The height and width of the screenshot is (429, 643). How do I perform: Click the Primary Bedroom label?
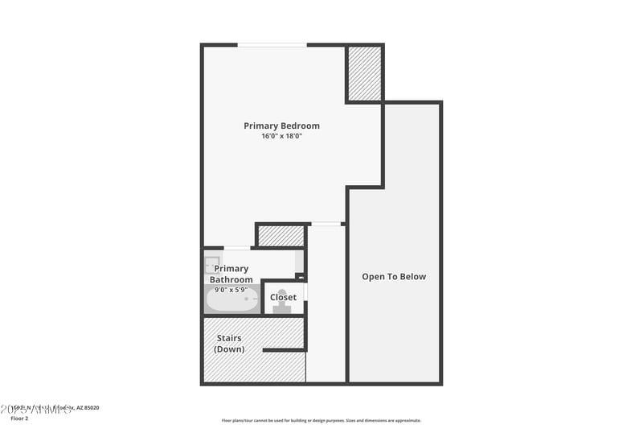[x=281, y=126]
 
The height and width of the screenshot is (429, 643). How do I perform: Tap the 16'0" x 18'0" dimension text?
[x=281, y=136]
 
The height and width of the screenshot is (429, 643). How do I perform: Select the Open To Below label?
[x=394, y=277]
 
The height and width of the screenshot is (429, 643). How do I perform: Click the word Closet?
[x=283, y=297]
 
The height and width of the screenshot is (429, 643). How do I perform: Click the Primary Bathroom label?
[x=231, y=274]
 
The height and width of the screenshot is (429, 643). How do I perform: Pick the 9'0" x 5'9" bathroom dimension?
[x=231, y=290]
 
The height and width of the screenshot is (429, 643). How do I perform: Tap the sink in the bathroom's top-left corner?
[x=212, y=263]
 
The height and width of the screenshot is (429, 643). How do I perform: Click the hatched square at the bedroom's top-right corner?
[x=364, y=73]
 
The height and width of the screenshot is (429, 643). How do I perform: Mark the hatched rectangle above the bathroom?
[x=281, y=236]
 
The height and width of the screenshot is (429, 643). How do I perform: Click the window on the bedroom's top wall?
[x=272, y=44]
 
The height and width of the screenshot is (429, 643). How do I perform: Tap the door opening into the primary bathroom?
[x=236, y=248]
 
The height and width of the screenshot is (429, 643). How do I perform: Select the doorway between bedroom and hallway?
[x=326, y=224]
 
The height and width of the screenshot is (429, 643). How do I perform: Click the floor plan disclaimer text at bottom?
[x=321, y=420]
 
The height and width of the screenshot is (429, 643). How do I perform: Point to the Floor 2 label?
[x=20, y=419]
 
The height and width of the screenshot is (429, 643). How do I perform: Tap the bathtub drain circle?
[x=247, y=299]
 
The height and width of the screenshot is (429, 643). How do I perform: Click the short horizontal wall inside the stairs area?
[x=285, y=350]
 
